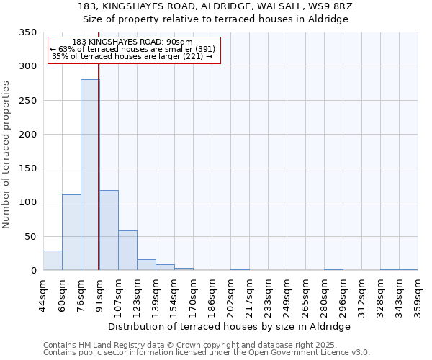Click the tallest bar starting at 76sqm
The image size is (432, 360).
89,175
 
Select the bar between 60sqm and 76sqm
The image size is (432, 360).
71,233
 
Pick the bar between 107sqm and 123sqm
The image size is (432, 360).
127,251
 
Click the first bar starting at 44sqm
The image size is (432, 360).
53,261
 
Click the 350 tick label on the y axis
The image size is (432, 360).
27,32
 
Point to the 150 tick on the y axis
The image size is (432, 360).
27,168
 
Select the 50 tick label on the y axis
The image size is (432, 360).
30,237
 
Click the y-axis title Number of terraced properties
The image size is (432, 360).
6,155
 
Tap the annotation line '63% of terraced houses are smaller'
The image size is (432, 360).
133,49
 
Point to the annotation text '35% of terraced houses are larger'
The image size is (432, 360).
133,56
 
